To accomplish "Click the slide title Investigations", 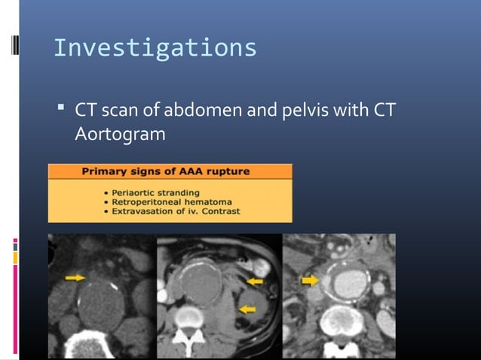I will tap(155, 48).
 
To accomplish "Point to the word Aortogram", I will tap(120, 136).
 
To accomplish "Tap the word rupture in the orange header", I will tap(230, 172).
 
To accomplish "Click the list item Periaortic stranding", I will tap(152, 193).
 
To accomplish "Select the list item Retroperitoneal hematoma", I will tap(167, 202).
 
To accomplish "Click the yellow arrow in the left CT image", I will tap(75, 278).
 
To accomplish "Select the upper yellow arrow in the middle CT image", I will tap(255, 281).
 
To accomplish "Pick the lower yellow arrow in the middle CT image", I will tap(246, 309).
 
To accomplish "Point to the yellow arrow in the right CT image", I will tap(309, 280).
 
